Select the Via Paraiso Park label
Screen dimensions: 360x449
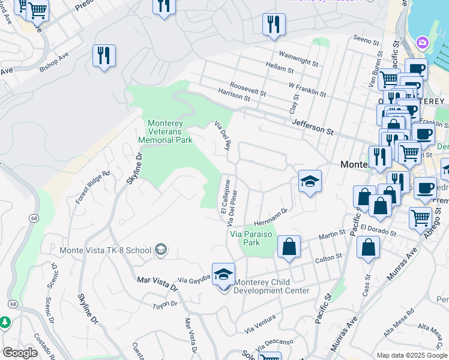tap(252, 239)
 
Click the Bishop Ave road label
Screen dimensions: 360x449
tap(54, 64)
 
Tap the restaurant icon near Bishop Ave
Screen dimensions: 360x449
tap(104, 56)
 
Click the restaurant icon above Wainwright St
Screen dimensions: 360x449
tap(274, 24)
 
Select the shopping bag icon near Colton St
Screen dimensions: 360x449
tap(289, 246)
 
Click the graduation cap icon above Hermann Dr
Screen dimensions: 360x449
tap(310, 181)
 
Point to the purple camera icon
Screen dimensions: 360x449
tap(423, 43)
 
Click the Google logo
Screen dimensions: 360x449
tap(20, 353)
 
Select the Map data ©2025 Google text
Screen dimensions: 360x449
tap(412, 355)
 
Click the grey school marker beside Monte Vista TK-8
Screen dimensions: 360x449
tap(160, 249)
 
